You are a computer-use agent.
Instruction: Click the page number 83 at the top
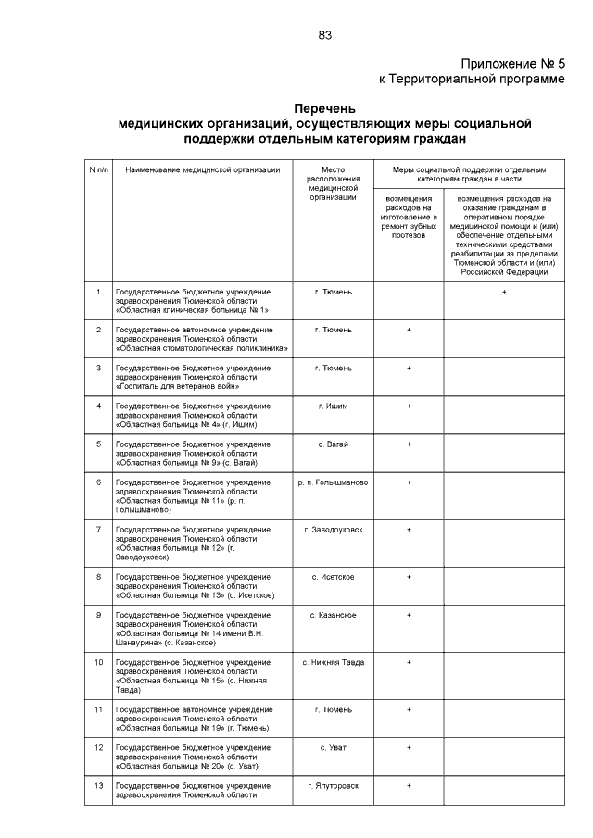(x=325, y=35)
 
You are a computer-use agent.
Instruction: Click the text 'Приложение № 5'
(x=512, y=64)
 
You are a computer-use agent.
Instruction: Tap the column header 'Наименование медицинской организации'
(x=202, y=170)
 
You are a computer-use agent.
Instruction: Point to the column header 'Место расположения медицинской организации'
(x=334, y=183)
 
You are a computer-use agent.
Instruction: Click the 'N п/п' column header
(x=98, y=170)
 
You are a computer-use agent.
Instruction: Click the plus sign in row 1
(x=504, y=292)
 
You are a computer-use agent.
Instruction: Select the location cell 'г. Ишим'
(x=334, y=406)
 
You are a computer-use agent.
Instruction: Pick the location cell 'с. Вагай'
(x=334, y=444)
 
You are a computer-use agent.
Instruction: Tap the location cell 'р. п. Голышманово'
(x=334, y=482)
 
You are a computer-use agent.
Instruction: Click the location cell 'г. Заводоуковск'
(x=334, y=530)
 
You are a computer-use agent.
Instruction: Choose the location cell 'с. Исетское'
(x=334, y=577)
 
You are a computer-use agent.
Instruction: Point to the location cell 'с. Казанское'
(x=334, y=615)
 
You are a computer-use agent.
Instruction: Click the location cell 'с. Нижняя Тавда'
(x=334, y=662)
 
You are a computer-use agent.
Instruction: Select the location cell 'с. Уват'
(x=334, y=746)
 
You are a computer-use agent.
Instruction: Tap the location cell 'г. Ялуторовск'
(x=334, y=785)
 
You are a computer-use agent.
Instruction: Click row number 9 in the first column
(x=98, y=615)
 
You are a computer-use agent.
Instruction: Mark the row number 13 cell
(x=98, y=785)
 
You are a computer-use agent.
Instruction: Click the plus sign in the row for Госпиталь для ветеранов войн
(x=409, y=368)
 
